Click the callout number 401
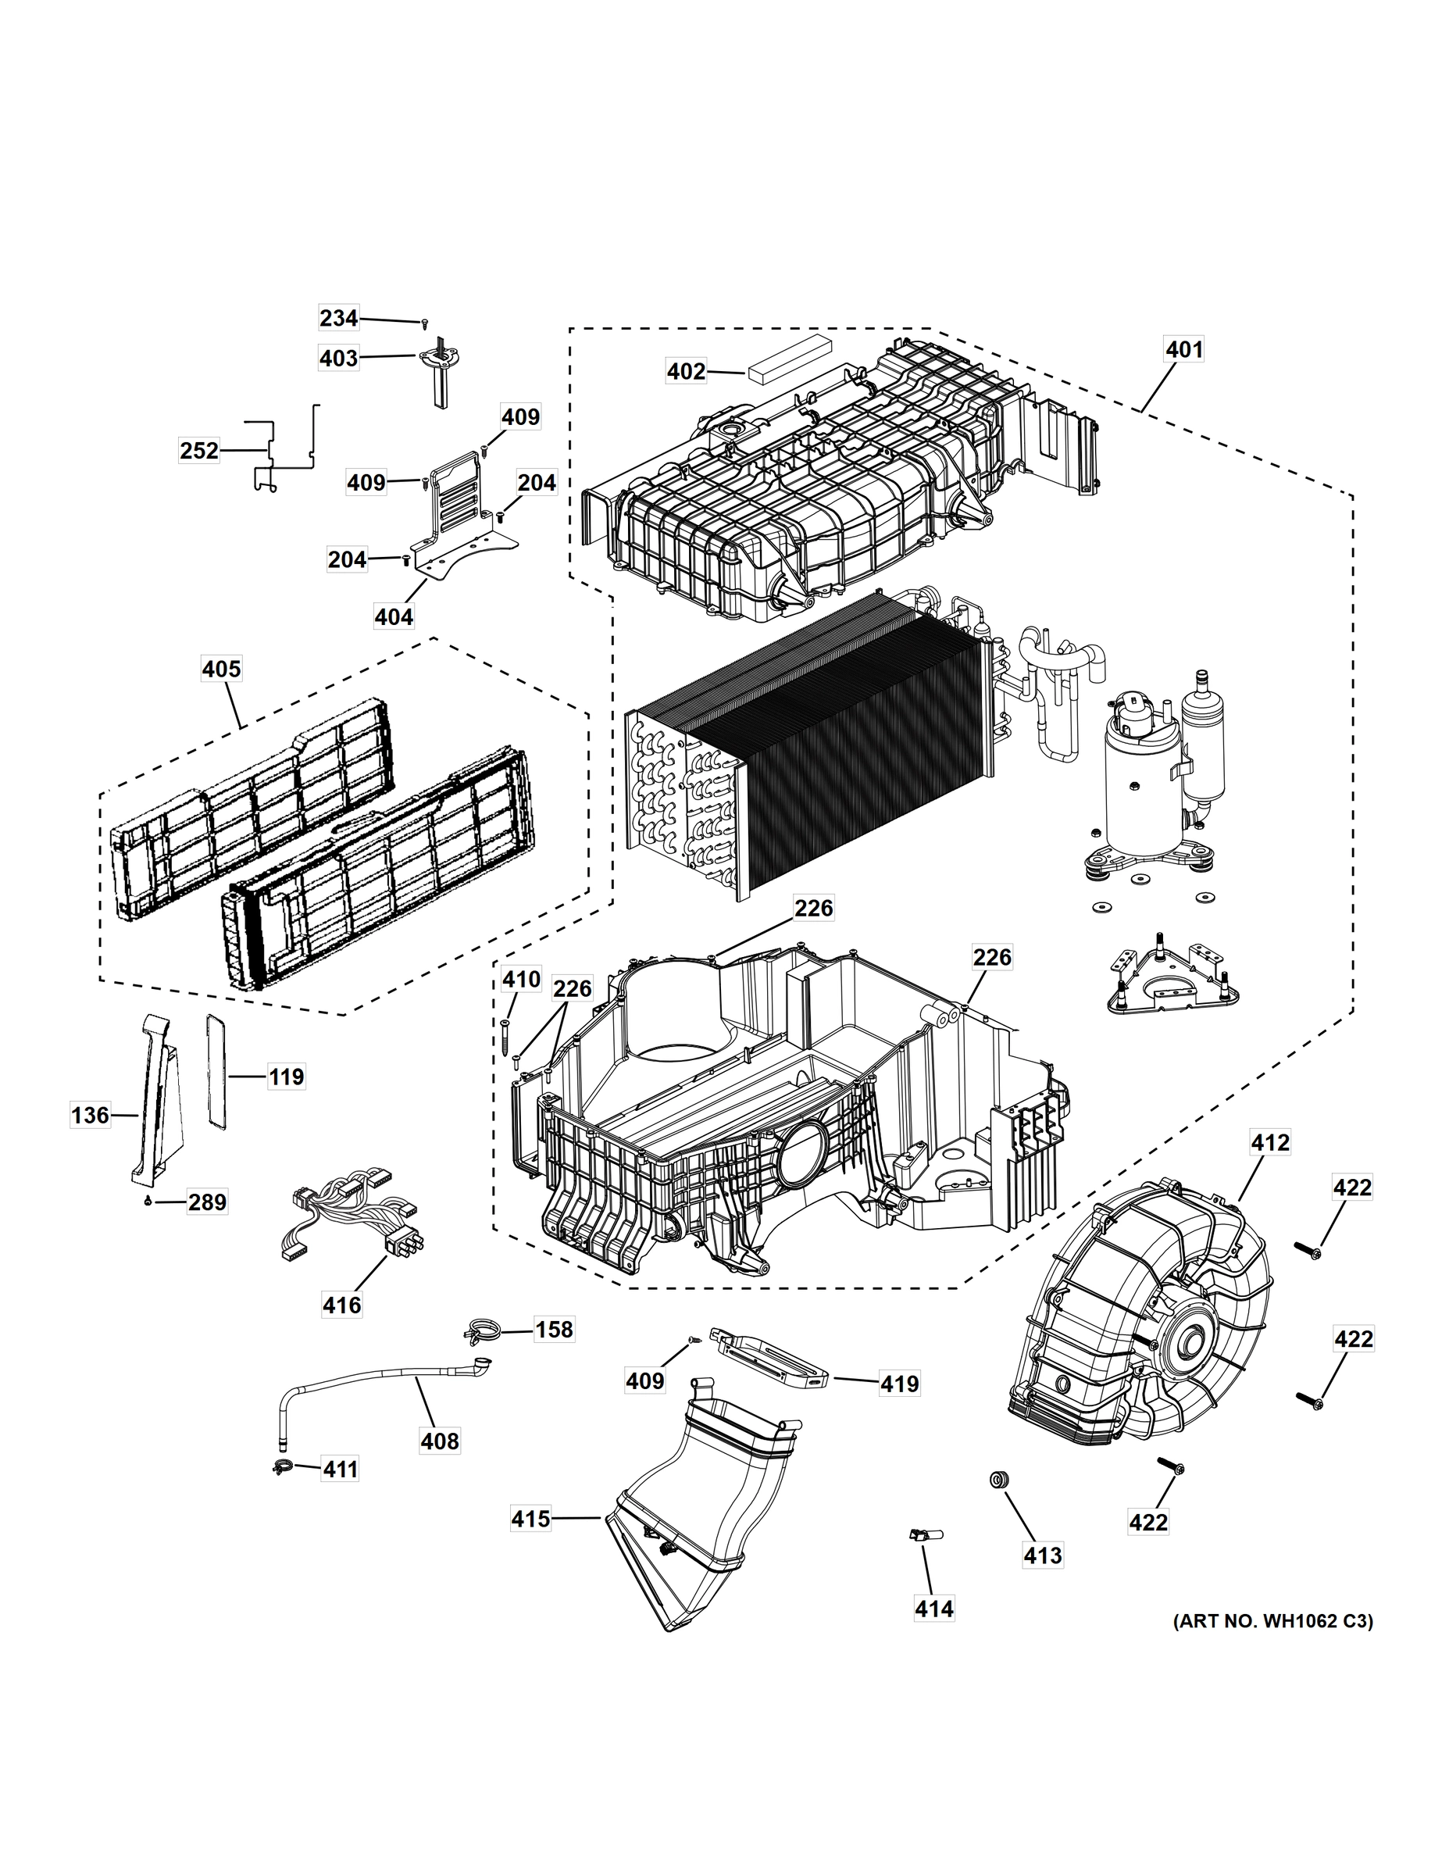tap(1183, 349)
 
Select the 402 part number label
tap(687, 371)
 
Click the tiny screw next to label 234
tap(424, 323)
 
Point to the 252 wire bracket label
tap(199, 450)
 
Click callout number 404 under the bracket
tap(394, 616)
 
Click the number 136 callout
tap(90, 1115)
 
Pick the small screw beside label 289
tap(148, 1200)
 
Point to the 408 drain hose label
tap(440, 1441)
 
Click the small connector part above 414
tap(923, 1534)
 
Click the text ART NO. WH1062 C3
tap(1273, 1621)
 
